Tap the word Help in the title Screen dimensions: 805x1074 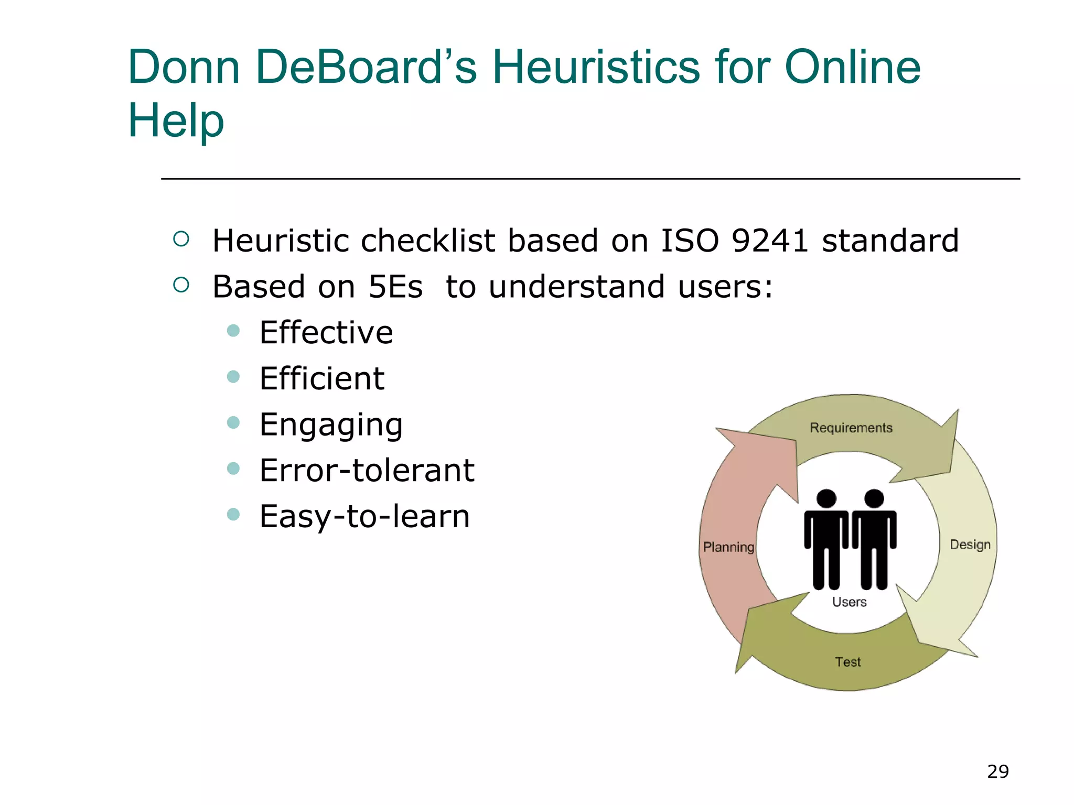176,121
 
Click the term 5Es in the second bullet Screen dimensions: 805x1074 395,287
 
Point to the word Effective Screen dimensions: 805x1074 326,333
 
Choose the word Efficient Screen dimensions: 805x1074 321,378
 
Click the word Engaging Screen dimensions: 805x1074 331,425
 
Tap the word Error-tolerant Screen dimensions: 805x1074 367,470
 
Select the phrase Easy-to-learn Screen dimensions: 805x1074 364,516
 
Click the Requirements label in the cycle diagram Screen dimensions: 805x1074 851,428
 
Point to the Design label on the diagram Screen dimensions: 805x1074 970,545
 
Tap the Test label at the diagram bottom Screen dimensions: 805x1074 847,662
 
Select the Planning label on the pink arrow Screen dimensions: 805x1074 728,547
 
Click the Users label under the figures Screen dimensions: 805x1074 849,602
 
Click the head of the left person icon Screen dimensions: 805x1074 826,498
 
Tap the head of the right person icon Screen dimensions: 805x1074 874,498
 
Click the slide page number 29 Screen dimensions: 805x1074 997,771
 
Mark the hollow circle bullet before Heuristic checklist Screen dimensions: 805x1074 181,240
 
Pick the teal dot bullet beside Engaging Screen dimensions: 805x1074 233,422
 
